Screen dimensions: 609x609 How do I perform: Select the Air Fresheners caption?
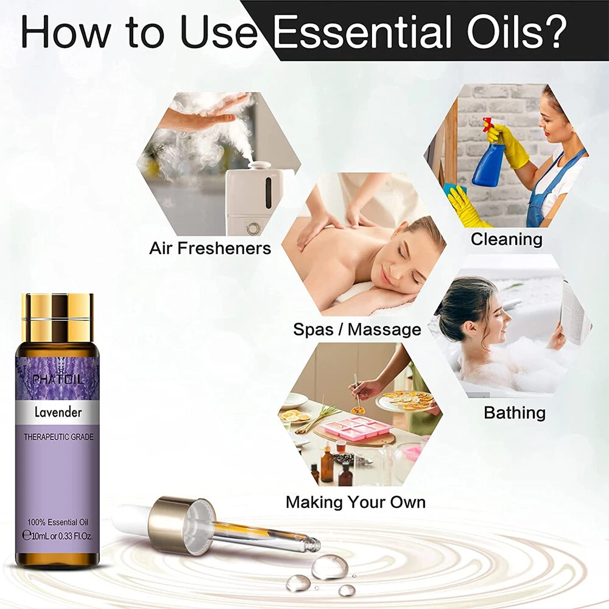click(210, 248)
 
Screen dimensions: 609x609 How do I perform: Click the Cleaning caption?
click(507, 239)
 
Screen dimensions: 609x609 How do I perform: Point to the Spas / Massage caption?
click(357, 329)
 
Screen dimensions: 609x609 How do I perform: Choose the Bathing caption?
click(515, 413)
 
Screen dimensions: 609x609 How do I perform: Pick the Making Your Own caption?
click(356, 502)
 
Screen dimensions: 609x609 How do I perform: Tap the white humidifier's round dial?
click(253, 227)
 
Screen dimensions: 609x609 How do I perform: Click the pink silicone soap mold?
click(355, 428)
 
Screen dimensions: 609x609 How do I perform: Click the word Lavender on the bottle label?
click(58, 412)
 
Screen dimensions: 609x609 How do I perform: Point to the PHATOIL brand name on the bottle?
click(58, 379)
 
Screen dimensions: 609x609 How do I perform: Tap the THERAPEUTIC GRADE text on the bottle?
click(58, 437)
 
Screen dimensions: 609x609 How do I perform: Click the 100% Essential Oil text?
click(57, 522)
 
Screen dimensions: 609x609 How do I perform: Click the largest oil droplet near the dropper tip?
click(329, 566)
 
